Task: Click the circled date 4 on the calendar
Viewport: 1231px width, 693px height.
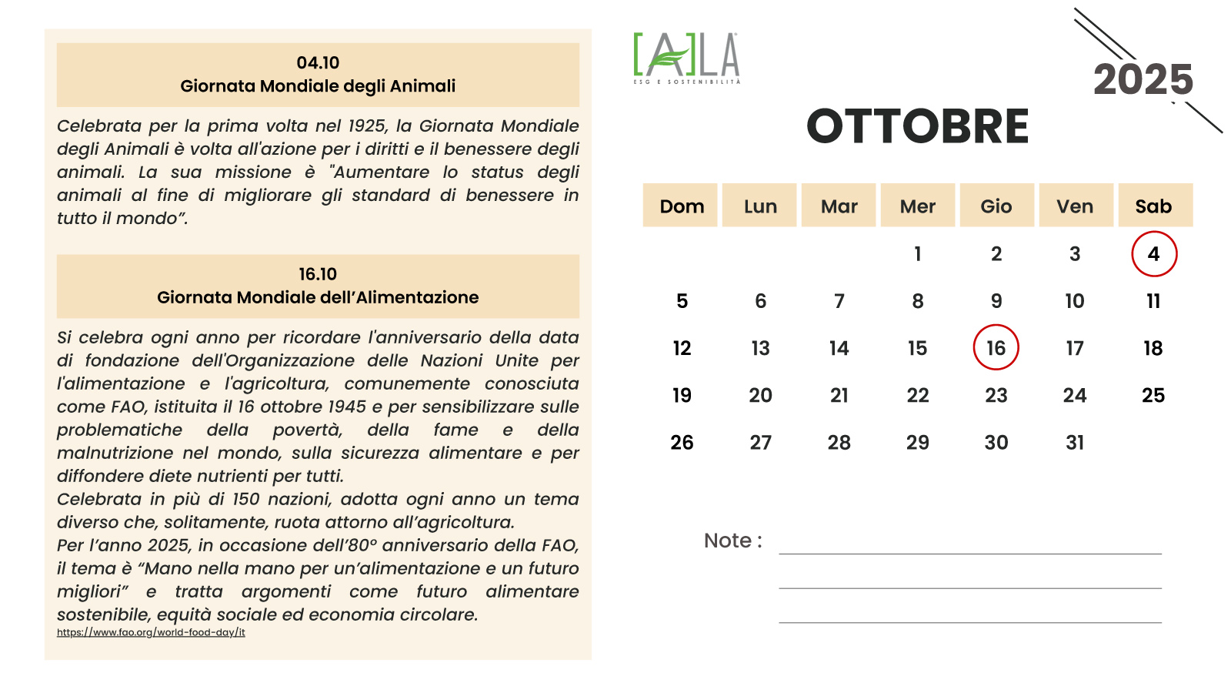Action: pos(1153,254)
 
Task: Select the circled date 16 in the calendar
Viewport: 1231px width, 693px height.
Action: pos(996,348)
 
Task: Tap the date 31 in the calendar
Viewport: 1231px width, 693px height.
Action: pos(1075,443)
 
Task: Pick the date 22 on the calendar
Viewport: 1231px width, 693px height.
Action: pos(917,396)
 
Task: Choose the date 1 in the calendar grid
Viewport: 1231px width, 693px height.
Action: pos(917,254)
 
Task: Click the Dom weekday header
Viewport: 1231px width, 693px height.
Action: pos(682,206)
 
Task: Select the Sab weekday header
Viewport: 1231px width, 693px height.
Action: pos(1153,206)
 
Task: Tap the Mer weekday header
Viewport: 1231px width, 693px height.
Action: pos(917,206)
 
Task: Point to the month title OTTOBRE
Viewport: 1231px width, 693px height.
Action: pos(917,126)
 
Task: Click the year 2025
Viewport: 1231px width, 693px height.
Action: pos(1143,80)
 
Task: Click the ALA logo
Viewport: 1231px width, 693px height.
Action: pos(686,58)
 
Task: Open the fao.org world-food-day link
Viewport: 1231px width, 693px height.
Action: pos(151,633)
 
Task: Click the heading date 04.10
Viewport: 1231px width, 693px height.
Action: pos(318,63)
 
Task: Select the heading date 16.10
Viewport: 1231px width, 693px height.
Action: pos(318,275)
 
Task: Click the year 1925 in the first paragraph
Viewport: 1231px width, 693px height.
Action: pos(367,126)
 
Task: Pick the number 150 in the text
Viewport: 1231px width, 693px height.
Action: pos(246,499)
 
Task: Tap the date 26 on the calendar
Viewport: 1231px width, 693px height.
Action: pos(682,443)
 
